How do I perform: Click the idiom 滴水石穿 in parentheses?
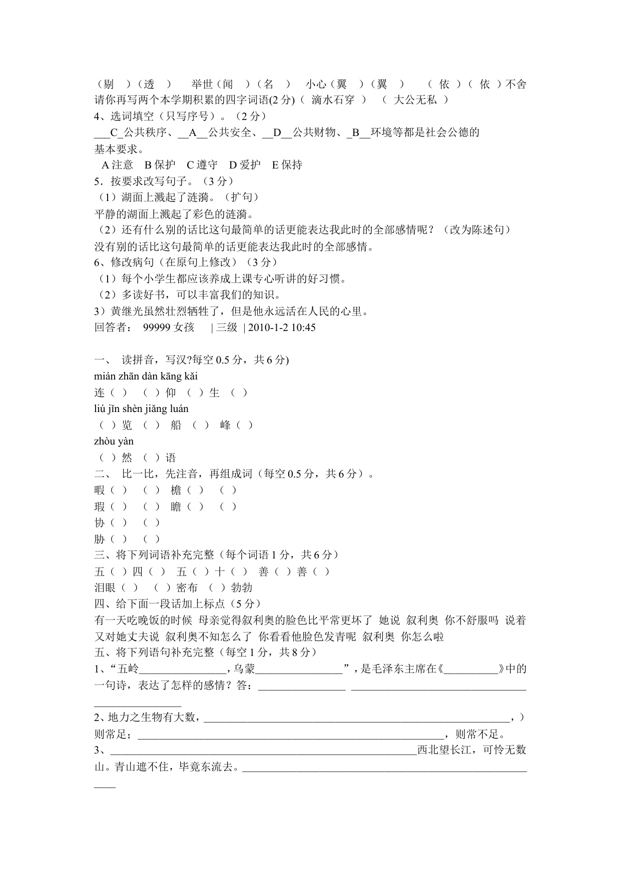click(x=333, y=100)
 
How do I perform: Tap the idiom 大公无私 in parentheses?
click(x=415, y=100)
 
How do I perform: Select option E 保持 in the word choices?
click(x=287, y=165)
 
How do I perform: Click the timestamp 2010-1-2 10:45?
click(x=282, y=328)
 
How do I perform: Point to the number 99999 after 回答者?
click(x=157, y=328)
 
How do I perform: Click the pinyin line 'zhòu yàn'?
click(x=114, y=441)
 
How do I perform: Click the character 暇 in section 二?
click(x=100, y=490)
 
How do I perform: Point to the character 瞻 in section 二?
click(x=176, y=507)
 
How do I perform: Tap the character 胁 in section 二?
click(x=100, y=539)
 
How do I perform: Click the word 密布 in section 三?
click(x=187, y=588)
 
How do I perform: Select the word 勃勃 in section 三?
click(x=242, y=588)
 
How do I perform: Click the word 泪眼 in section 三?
click(x=105, y=588)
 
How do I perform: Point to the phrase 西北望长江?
click(x=444, y=750)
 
